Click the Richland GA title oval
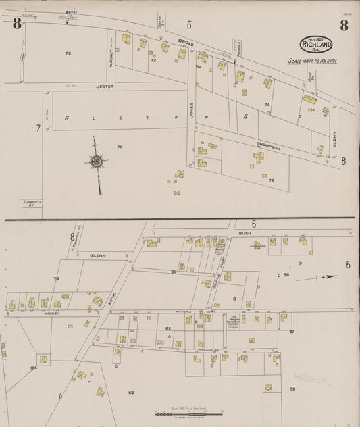pyautogui.click(x=316, y=45)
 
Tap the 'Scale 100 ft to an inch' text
pyautogui.click(x=312, y=61)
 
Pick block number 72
pyautogui.click(x=68, y=53)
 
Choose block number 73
pyautogui.click(x=153, y=60)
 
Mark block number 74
pyautogui.click(x=267, y=105)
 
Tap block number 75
pyautogui.click(x=120, y=147)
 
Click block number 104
pyautogui.click(x=34, y=368)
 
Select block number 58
pyautogui.click(x=292, y=389)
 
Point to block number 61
pyautogui.click(x=174, y=272)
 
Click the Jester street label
pyautogui.click(x=105, y=86)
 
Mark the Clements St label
pyautogui.click(x=32, y=203)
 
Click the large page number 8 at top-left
pyautogui.click(x=16, y=26)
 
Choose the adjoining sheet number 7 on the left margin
pyautogui.click(x=38, y=127)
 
